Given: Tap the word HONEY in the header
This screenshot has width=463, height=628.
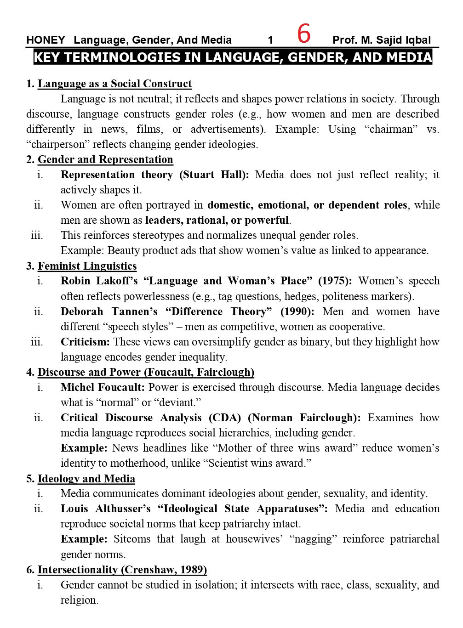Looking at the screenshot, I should point(46,40).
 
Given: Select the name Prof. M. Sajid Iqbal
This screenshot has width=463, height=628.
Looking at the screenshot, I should point(381,40).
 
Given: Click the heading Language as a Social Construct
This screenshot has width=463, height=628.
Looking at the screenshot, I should point(114,84).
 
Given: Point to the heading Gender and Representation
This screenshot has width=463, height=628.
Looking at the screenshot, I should point(105,159).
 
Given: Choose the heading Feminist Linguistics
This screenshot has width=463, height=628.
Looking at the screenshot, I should point(87,266).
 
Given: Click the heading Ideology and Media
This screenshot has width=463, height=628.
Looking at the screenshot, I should point(86,479).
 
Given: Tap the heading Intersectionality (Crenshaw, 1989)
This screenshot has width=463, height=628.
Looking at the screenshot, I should point(122,570).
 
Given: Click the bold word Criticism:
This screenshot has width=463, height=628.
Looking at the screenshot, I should point(85,342).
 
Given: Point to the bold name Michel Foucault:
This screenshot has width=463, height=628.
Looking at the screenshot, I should point(103,387).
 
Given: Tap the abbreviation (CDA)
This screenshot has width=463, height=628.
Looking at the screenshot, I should point(225,418).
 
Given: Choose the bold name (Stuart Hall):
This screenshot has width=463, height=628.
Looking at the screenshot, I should point(214,175).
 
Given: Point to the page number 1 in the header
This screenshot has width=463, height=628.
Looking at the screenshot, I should point(270,40).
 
